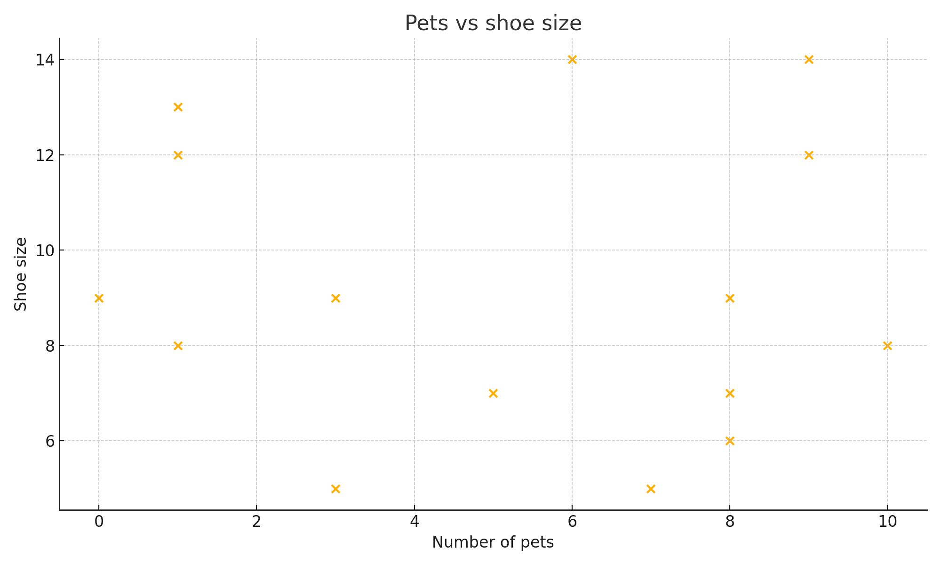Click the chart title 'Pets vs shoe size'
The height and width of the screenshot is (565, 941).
pyautogui.click(x=493, y=23)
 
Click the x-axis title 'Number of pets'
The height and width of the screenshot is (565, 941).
pyautogui.click(x=493, y=542)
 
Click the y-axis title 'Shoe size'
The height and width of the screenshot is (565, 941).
pyautogui.click(x=21, y=274)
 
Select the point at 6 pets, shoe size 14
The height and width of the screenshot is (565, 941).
pyautogui.click(x=572, y=59)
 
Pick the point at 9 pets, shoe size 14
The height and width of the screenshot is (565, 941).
pyautogui.click(x=809, y=59)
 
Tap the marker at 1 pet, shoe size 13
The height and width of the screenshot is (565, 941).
pyautogui.click(x=178, y=107)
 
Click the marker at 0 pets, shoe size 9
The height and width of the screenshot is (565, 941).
pyautogui.click(x=99, y=298)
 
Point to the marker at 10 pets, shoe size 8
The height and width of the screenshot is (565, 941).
pyautogui.click(x=887, y=346)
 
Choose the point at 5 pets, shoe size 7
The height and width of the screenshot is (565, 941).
pyautogui.click(x=493, y=393)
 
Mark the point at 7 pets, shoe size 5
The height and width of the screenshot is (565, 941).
pyautogui.click(x=651, y=489)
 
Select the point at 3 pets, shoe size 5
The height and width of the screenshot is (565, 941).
pyautogui.click(x=335, y=489)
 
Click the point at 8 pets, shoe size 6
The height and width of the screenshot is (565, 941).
pyautogui.click(x=730, y=441)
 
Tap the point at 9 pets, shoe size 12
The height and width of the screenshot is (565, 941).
pyautogui.click(x=809, y=155)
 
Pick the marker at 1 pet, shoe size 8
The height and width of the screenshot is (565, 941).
pyautogui.click(x=178, y=346)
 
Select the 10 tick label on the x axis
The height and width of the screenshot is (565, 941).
pyautogui.click(x=887, y=522)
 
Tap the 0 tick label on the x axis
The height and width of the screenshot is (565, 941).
pyautogui.click(x=99, y=522)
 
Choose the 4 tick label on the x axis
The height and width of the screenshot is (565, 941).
pyautogui.click(x=414, y=522)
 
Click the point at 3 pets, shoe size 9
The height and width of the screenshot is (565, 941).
pyautogui.click(x=335, y=298)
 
